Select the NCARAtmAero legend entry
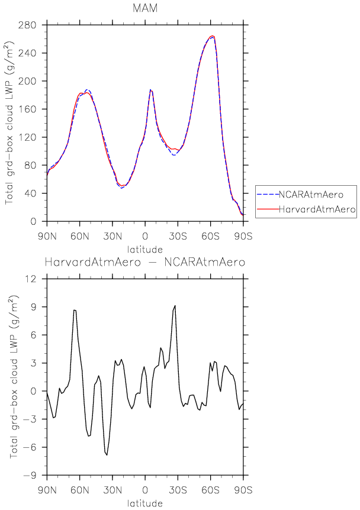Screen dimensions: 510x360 click(307, 193)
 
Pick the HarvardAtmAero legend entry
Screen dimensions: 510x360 click(307, 209)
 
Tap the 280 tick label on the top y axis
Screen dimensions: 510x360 click(28, 25)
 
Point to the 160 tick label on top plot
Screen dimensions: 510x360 click(28, 109)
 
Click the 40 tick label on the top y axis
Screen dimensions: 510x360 click(30, 193)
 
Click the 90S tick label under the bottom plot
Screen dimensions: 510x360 click(243, 490)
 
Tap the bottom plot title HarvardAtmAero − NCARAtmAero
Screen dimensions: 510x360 click(146, 262)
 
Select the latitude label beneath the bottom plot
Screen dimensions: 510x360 click(145, 503)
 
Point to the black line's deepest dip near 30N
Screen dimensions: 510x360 click(107, 455)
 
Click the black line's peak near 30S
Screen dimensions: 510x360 click(175, 305)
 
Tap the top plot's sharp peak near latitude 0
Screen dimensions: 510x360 click(150, 89)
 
